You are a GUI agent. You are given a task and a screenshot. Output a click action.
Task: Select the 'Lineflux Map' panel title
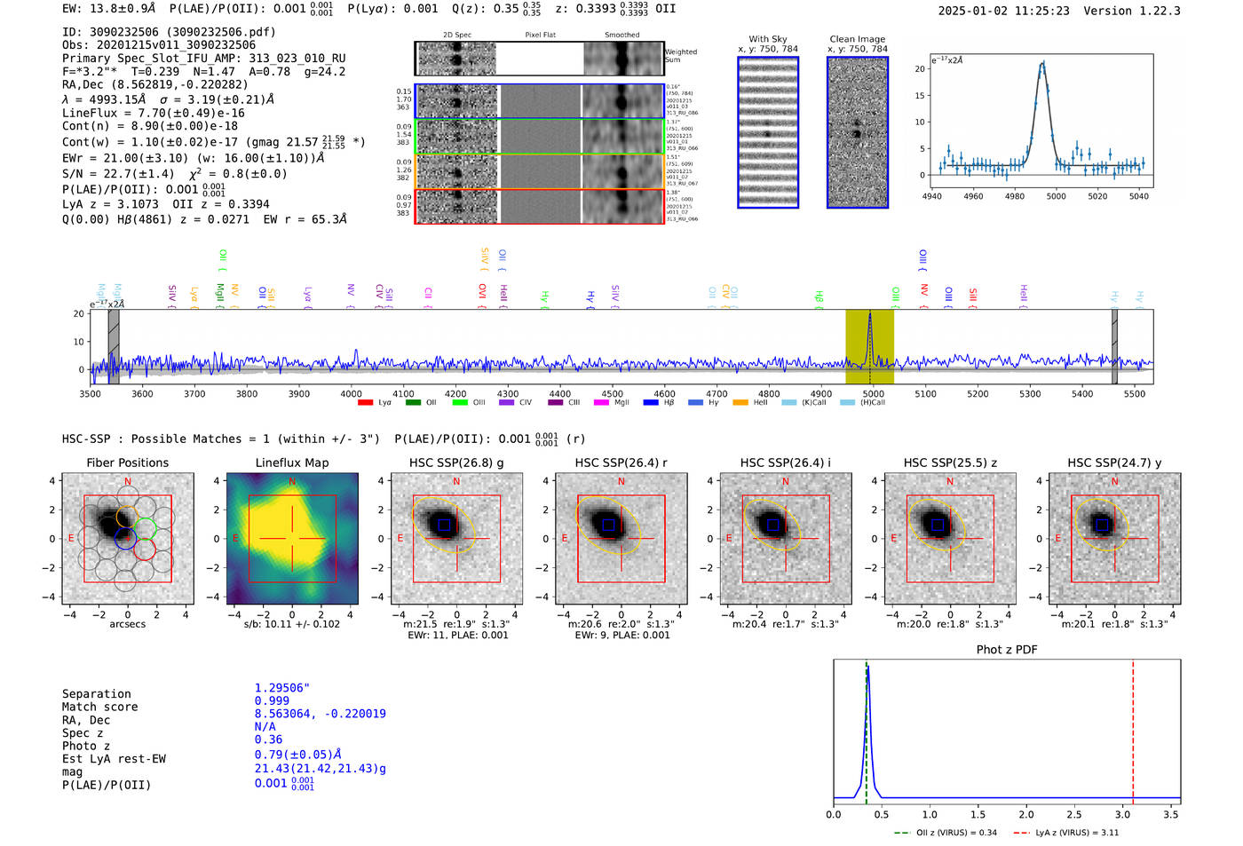pos(292,463)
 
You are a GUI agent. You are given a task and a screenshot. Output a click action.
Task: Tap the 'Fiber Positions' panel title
pos(127,463)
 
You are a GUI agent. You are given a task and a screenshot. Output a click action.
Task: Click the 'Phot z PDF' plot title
pos(1007,650)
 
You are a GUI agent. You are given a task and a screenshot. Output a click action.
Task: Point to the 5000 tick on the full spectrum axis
pos(874,393)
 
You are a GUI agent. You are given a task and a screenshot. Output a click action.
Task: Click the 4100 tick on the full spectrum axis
pos(403,393)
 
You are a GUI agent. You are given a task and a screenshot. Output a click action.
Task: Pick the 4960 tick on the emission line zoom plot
pos(973,196)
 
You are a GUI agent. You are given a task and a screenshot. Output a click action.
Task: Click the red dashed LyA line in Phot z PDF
pos(1133,728)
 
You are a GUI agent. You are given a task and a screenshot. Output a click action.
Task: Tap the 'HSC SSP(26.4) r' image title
pos(621,463)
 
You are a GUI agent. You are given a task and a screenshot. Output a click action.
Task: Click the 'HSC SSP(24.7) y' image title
pos(1114,463)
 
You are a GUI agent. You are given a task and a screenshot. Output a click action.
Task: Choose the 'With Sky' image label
pos(767,39)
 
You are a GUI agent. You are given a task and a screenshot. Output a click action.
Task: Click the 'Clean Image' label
pos(857,39)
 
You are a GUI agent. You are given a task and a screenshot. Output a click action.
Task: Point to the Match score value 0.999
pos(272,701)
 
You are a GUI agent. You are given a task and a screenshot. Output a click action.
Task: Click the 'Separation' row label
pos(96,694)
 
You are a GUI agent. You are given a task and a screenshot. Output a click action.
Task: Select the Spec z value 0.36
pos(268,739)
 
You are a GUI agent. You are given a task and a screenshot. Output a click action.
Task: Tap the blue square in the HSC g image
pos(444,525)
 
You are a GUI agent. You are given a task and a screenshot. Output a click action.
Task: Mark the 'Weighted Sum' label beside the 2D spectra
pos(680,55)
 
